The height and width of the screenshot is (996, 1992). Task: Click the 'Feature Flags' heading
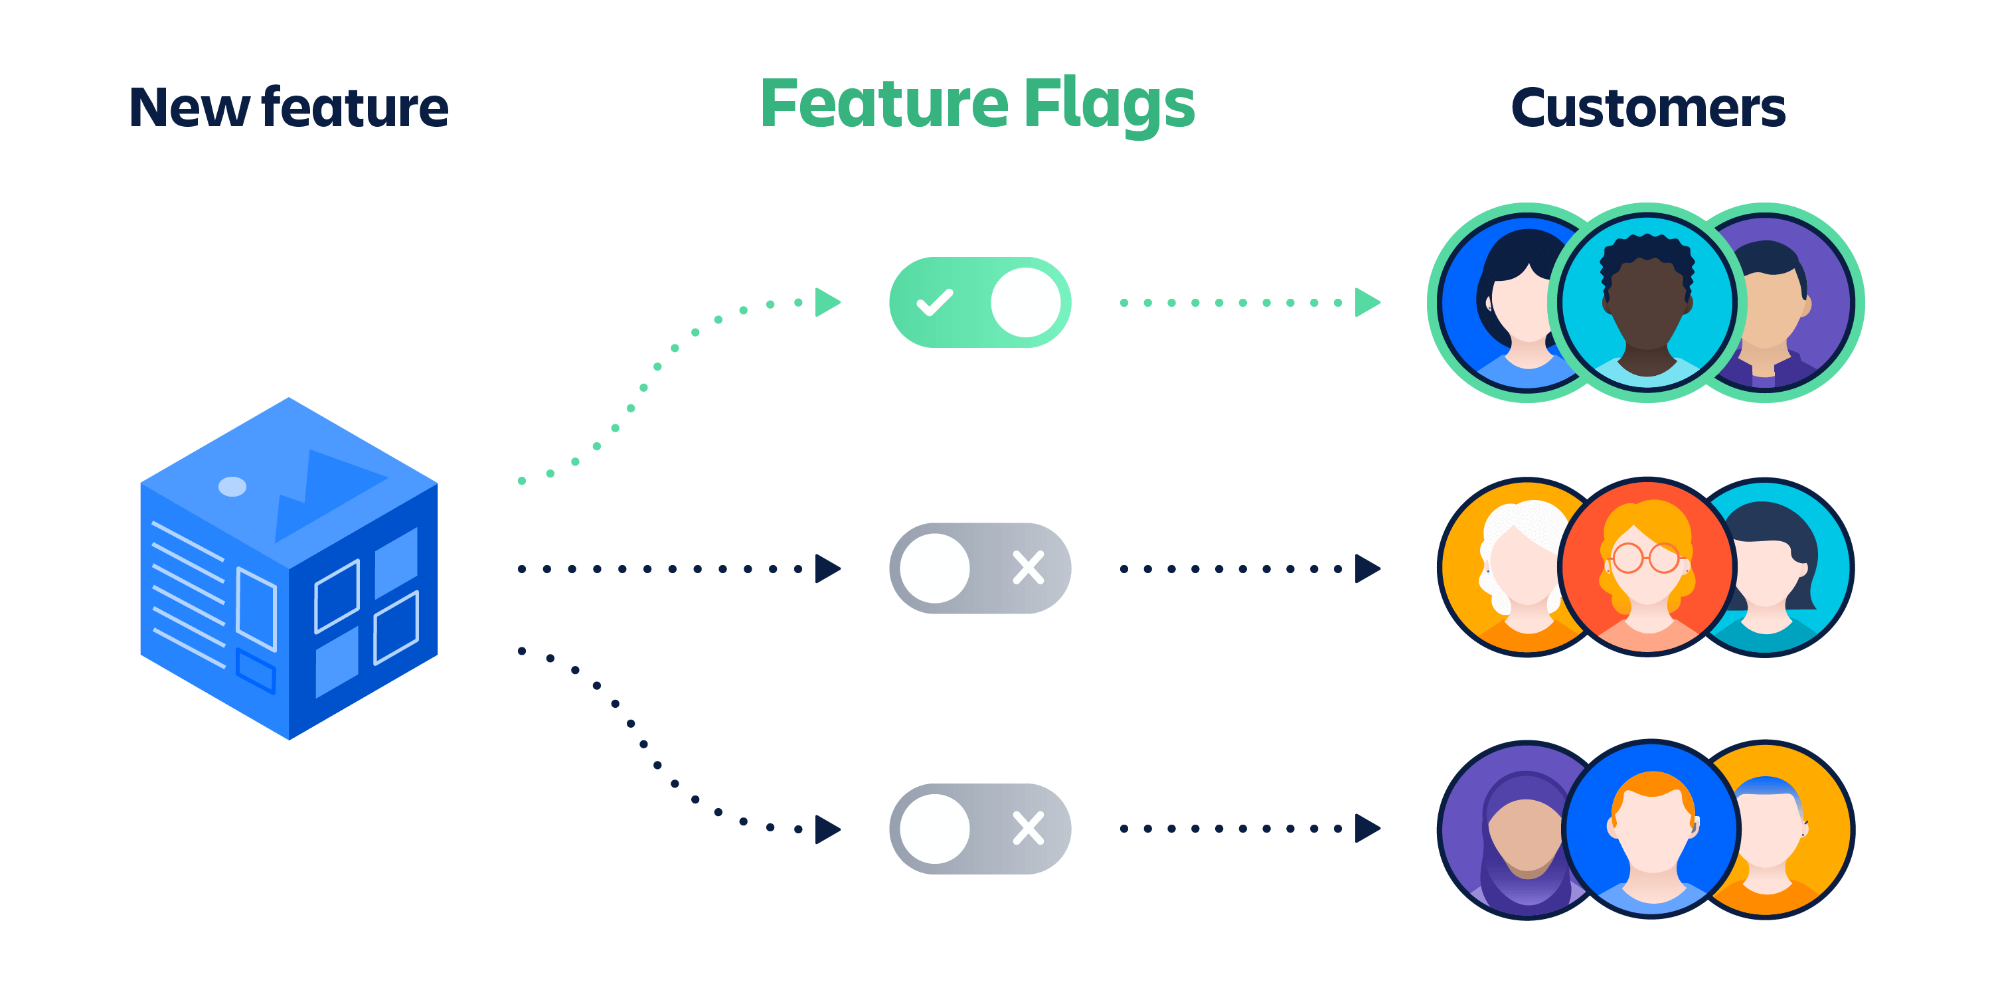click(x=977, y=104)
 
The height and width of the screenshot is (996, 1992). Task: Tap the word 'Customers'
click(x=1648, y=108)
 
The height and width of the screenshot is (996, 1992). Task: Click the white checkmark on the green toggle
click(x=934, y=302)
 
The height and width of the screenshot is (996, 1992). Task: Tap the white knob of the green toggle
click(x=1025, y=302)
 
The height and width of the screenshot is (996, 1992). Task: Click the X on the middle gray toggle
click(x=1029, y=568)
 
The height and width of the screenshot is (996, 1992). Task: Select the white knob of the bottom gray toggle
click(x=934, y=828)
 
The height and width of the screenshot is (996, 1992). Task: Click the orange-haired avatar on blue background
click(x=1651, y=830)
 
